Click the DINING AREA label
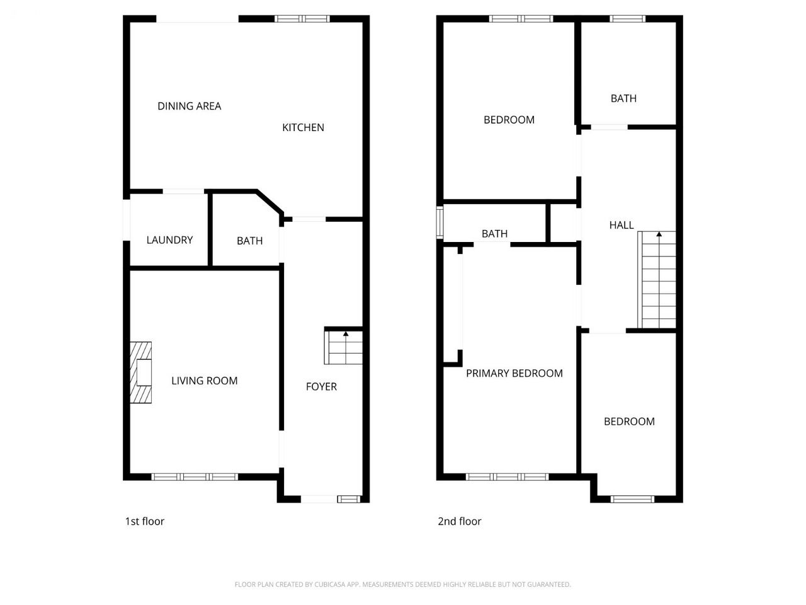[189, 106]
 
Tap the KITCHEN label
[303, 127]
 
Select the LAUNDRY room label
[169, 240]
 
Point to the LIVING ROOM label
[205, 381]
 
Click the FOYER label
[321, 386]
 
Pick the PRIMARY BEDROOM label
[514, 373]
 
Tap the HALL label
[622, 225]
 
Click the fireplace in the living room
[140, 372]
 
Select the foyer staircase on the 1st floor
[343, 347]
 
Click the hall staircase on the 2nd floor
[657, 280]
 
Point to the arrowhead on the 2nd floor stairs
[659, 234]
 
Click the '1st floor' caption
[145, 521]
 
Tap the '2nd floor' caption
[460, 521]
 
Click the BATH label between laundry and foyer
[250, 241]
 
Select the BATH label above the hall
[623, 98]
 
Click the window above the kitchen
[302, 19]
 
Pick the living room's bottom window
[195, 477]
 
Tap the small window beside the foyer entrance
[349, 499]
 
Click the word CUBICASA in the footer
[330, 584]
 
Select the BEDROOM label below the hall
[630, 422]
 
